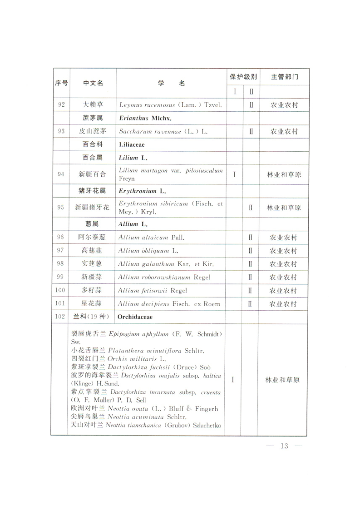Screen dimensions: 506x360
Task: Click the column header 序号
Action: click(x=61, y=83)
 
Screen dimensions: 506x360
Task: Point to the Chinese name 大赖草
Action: click(x=93, y=105)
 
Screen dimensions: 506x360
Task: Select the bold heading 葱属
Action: click(x=93, y=224)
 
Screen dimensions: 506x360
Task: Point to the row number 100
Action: click(x=61, y=290)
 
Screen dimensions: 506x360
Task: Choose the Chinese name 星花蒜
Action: click(x=93, y=303)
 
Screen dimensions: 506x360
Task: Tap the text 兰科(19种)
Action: click(x=93, y=317)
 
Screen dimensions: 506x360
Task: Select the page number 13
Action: click(x=285, y=445)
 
